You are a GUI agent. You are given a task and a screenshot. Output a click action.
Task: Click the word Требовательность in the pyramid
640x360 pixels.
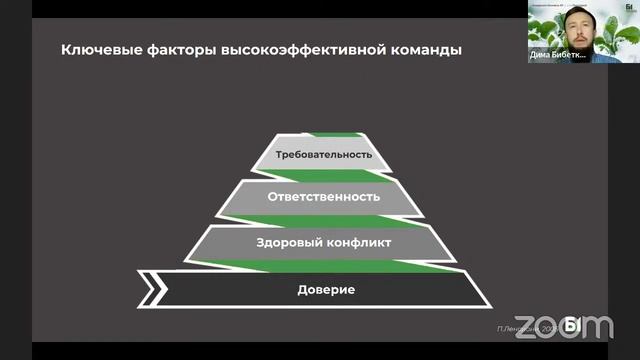[x=325, y=154]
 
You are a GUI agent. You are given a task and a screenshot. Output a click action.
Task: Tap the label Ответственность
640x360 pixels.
[x=324, y=197]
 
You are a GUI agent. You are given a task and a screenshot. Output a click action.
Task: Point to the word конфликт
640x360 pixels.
[x=356, y=242]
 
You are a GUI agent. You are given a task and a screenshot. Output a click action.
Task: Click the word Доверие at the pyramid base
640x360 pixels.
[x=326, y=290]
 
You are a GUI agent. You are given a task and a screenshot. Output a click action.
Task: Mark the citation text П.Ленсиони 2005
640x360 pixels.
[x=524, y=328]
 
